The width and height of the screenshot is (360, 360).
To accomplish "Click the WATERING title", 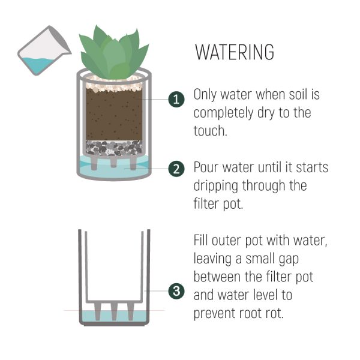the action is click(x=235, y=52).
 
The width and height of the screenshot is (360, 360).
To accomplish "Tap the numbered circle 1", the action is click(x=176, y=100).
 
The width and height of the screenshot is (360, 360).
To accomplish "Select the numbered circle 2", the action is click(x=176, y=169).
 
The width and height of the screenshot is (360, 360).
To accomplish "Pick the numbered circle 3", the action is click(x=176, y=291).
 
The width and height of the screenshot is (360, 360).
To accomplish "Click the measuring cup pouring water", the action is click(x=44, y=51).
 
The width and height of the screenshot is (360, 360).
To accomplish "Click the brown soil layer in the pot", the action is click(x=114, y=115).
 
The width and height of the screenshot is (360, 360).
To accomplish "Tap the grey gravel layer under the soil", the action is click(x=114, y=148).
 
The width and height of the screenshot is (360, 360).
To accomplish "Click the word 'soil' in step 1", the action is click(x=298, y=94).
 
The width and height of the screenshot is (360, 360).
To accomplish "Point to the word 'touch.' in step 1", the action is click(x=211, y=131).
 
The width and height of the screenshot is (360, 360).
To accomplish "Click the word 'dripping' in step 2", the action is click(x=216, y=186).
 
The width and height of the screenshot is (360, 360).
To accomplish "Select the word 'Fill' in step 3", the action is click(x=200, y=241).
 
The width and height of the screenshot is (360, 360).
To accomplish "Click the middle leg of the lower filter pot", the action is click(x=114, y=311).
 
